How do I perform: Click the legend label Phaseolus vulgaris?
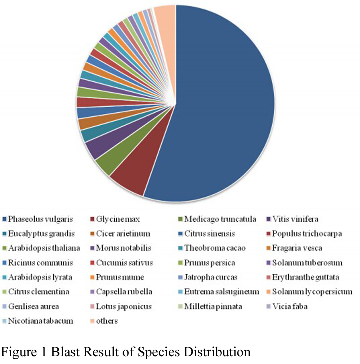tap(40, 219)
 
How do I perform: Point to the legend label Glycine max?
tap(118, 219)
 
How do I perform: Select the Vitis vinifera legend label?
tap(295, 219)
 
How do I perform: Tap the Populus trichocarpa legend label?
tap(307, 233)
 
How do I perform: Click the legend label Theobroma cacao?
tap(215, 248)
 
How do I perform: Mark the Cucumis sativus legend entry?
tap(124, 262)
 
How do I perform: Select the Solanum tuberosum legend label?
tap(307, 262)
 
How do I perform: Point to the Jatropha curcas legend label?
tap(211, 277)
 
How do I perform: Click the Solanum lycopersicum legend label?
tap(312, 291)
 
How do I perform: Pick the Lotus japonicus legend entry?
tap(124, 306)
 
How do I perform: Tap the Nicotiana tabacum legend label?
tap(40, 321)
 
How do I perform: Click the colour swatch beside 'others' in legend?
tap(92, 321)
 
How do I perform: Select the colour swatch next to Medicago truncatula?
tap(181, 219)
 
